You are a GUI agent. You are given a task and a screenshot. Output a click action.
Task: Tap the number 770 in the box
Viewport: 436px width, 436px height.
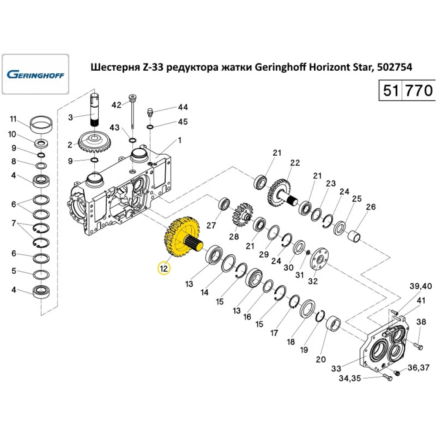tap(419, 90)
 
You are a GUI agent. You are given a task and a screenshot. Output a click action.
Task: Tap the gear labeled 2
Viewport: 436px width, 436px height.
tap(94, 142)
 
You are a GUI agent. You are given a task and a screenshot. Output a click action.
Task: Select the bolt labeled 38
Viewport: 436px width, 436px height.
tap(417, 346)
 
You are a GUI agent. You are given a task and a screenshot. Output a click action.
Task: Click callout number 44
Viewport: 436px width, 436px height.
tap(182, 107)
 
